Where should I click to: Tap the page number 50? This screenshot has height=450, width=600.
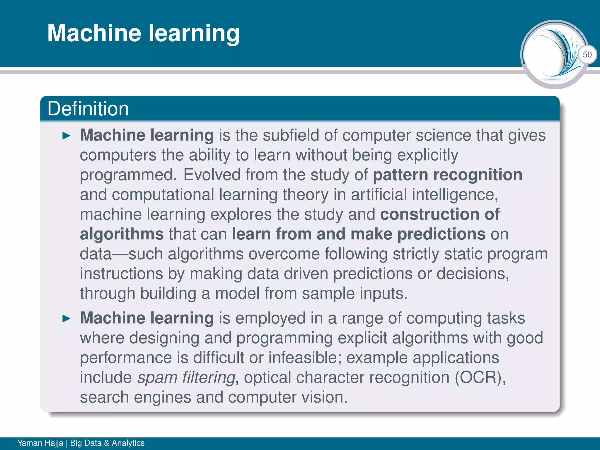587,54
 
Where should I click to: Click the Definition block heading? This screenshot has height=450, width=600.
88,109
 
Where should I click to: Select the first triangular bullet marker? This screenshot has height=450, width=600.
67,136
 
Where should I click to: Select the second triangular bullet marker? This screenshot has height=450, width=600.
67,319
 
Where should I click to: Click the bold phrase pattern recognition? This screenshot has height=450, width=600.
447,175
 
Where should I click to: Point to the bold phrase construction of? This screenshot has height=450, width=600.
440,214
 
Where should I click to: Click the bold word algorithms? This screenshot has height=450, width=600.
122,234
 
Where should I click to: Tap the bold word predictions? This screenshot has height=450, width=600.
442,234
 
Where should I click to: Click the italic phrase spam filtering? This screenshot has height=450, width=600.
186,377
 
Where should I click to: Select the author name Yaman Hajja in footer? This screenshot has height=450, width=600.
40,443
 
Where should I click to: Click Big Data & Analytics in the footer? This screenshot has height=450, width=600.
107,443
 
